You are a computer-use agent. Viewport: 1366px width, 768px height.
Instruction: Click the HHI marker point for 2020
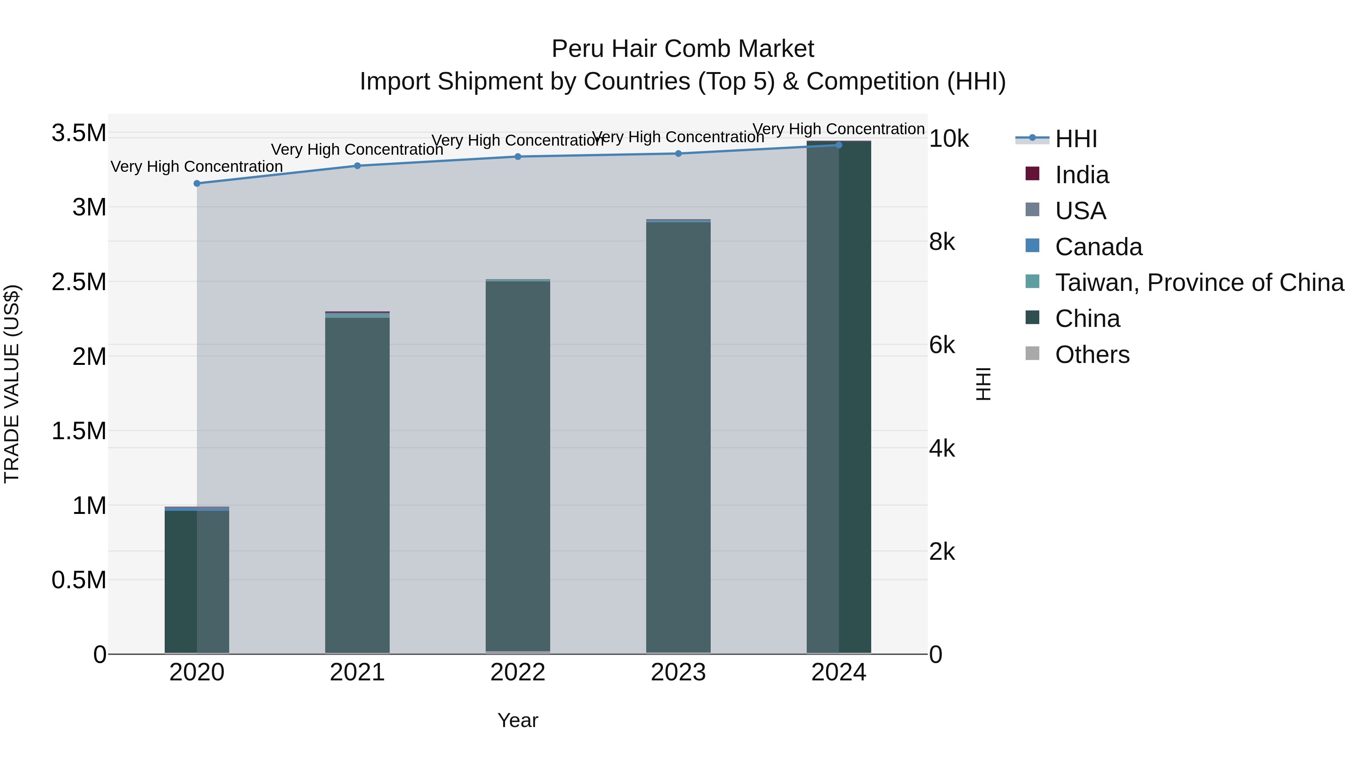pos(197,184)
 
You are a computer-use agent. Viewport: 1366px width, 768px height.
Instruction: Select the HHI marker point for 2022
pos(518,156)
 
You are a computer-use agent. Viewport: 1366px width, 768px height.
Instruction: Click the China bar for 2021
pos(357,485)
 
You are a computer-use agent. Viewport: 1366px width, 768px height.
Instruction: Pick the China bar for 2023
pos(678,437)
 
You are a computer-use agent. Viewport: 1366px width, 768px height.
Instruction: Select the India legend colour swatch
pos(1032,174)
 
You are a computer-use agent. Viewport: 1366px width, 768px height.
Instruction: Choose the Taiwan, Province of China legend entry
pos(1199,283)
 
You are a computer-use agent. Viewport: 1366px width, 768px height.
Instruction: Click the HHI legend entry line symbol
pos(1032,138)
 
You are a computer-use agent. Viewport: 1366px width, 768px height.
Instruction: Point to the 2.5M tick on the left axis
pos(79,282)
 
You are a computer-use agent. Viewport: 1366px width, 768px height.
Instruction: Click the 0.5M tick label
pos(79,580)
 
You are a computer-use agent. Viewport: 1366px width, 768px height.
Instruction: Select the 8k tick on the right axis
pos(942,242)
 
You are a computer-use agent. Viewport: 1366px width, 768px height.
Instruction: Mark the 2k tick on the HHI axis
pos(942,552)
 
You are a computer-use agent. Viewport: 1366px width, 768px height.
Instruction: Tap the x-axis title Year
pos(518,720)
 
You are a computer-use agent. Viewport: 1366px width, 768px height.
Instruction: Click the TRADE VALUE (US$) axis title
pos(12,384)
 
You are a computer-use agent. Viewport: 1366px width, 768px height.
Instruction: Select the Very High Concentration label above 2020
pos(197,166)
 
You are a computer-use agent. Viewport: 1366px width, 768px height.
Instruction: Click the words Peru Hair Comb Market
pos(683,49)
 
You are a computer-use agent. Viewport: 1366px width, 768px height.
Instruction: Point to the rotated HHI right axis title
pos(983,384)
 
